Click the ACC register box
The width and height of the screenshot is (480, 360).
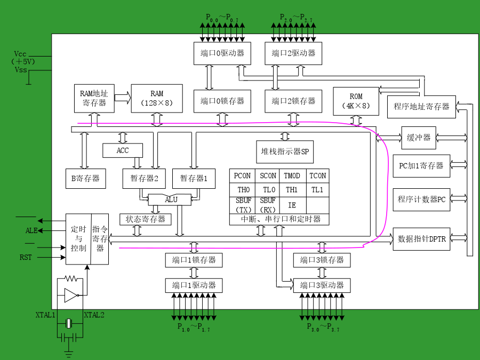pos(123,150)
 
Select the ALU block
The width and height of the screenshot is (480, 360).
pos(170,199)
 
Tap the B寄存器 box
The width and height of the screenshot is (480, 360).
pos(86,179)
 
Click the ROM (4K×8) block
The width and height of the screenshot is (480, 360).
pos(356,101)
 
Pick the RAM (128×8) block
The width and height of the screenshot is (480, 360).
pos(157,99)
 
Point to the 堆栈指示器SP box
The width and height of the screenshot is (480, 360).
pos(285,151)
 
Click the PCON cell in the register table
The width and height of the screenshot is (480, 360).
pos(242,176)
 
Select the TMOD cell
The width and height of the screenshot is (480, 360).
pos(292,176)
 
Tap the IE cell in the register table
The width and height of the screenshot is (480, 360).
pos(292,205)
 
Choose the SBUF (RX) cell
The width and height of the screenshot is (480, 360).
pos(267,205)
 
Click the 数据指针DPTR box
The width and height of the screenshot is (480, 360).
pos(421,239)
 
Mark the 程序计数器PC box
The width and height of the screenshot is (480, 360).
pos(421,199)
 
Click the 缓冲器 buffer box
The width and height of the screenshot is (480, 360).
pos(419,138)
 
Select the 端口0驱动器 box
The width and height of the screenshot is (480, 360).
pos(222,53)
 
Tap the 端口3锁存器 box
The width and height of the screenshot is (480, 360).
pos(322,260)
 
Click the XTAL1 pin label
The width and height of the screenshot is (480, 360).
pos(45,315)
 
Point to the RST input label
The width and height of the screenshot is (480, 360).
pos(26,257)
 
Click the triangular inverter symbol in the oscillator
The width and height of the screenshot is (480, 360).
pos(71,295)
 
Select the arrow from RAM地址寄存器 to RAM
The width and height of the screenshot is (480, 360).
pos(123,98)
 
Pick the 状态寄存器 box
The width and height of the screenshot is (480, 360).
pos(146,219)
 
